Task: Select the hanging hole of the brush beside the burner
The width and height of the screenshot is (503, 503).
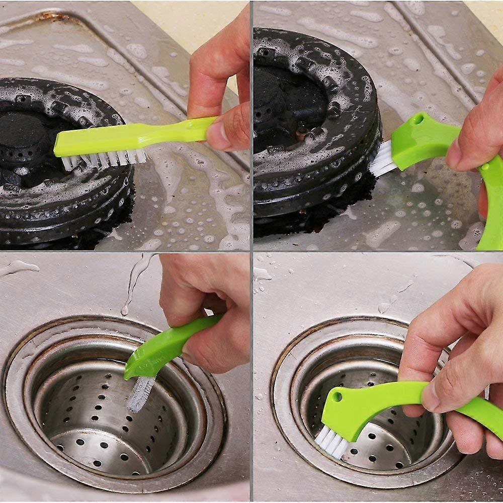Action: [x=418, y=120]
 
